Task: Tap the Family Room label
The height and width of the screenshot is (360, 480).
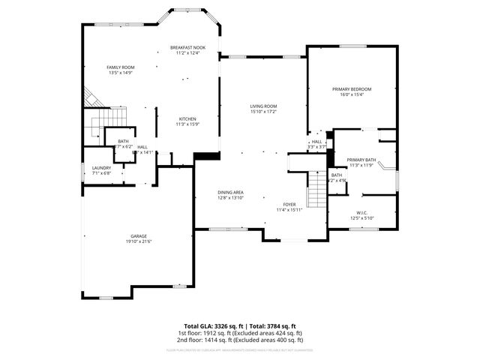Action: coord(120,67)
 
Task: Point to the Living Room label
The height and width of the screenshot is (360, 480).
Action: coord(263,106)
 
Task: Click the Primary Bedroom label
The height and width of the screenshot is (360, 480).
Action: coord(352,89)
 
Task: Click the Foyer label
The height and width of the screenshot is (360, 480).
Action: coord(289,204)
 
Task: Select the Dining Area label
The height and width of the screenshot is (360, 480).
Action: coord(230,192)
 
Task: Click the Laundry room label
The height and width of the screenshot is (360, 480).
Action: coord(101,168)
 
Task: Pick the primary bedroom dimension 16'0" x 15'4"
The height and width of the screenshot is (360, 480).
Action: coord(352,94)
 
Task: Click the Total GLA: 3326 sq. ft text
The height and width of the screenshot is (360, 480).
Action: coord(208,325)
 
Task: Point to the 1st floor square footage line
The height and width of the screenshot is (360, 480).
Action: coord(240,332)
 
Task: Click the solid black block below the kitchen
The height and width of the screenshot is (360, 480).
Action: coord(202,156)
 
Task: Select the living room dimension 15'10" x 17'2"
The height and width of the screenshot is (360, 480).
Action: coord(263,112)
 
